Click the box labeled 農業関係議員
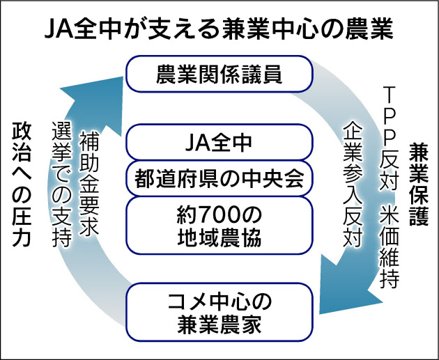tap(219, 75)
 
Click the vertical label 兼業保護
tap(417, 185)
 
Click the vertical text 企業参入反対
tap(352, 182)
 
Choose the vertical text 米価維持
tap(390, 243)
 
